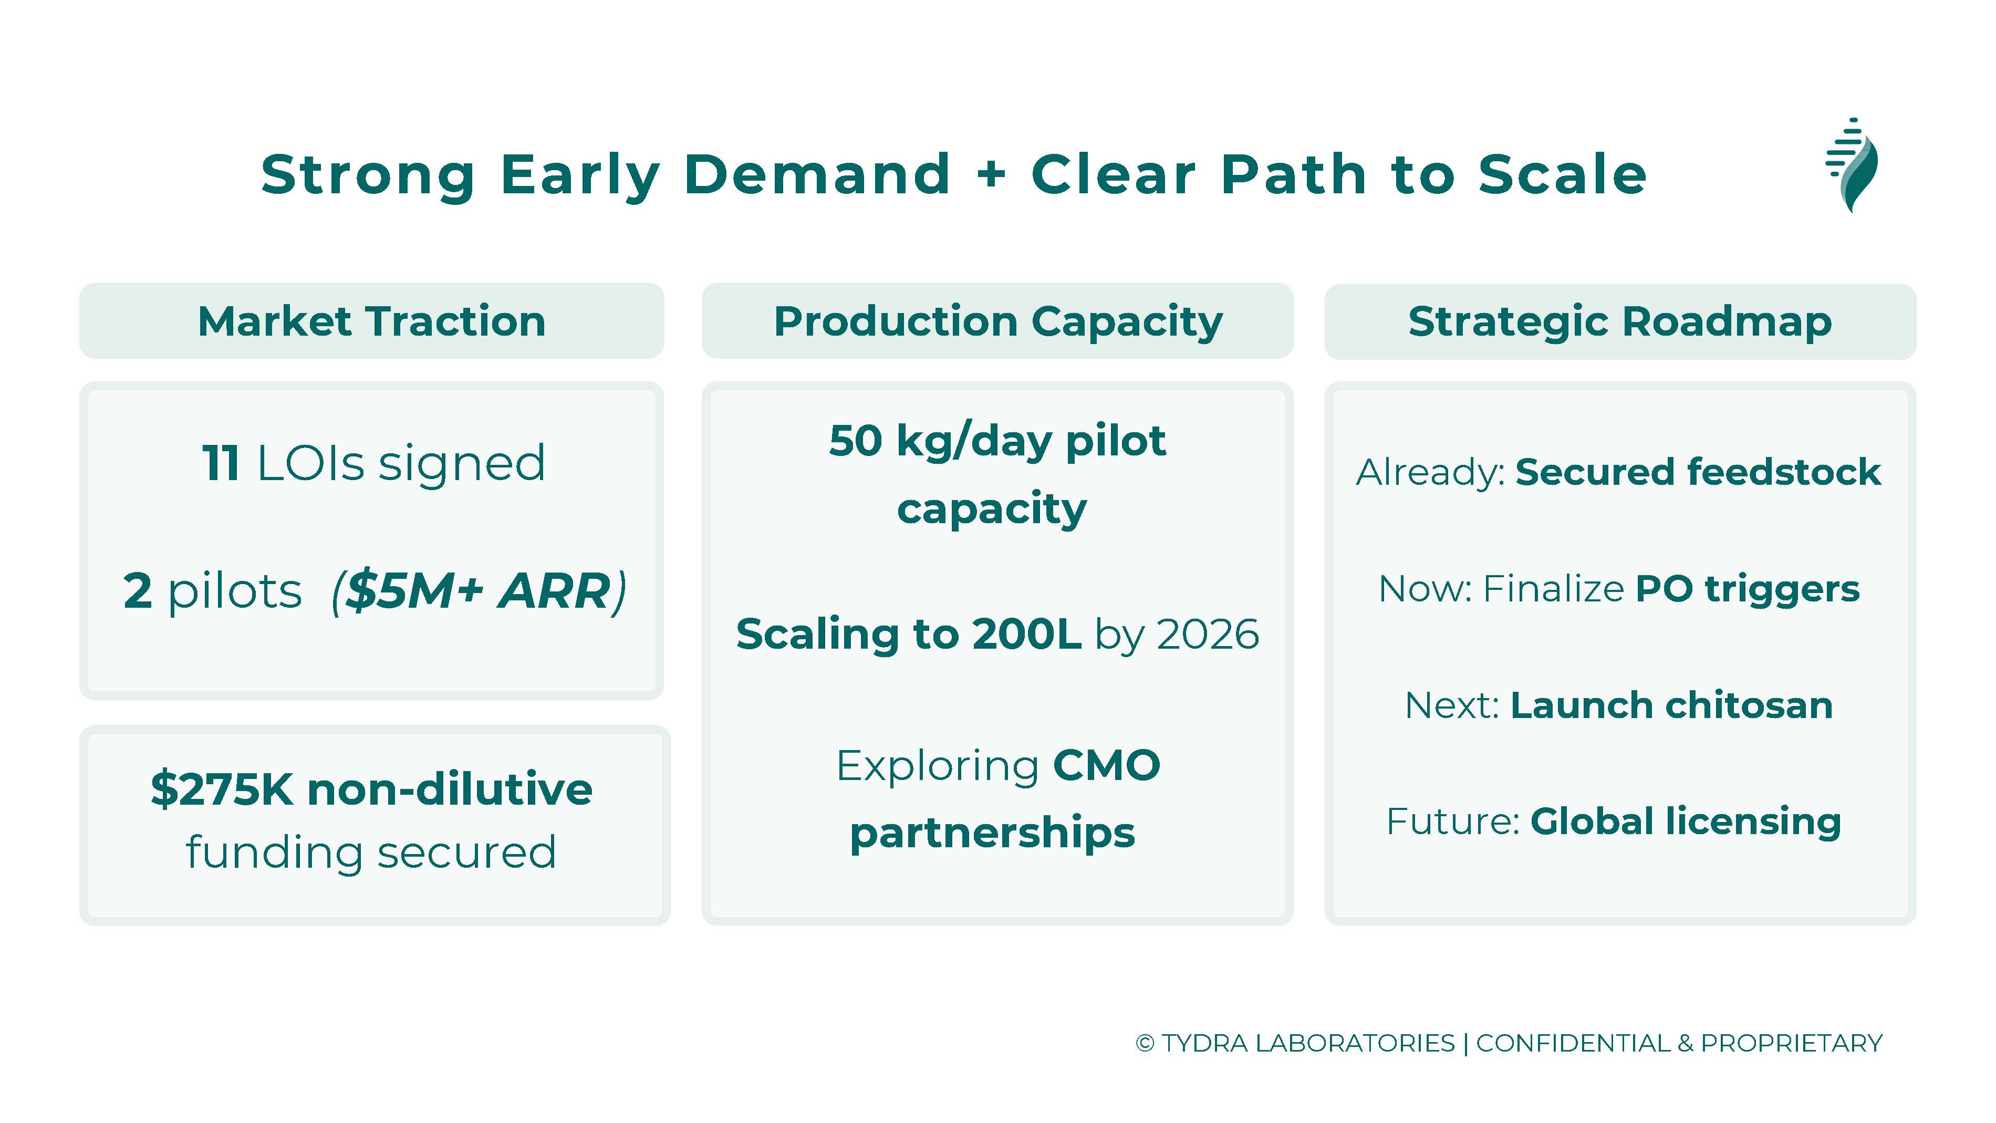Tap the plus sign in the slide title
click(x=991, y=174)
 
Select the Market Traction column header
click(x=372, y=321)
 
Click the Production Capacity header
click(x=998, y=321)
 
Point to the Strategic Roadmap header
click(x=1620, y=321)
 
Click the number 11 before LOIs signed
click(x=221, y=463)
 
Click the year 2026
click(x=1208, y=635)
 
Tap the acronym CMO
click(x=1107, y=766)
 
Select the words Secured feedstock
click(x=1698, y=472)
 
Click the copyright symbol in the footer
click(x=1145, y=1043)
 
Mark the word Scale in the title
click(x=1562, y=174)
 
